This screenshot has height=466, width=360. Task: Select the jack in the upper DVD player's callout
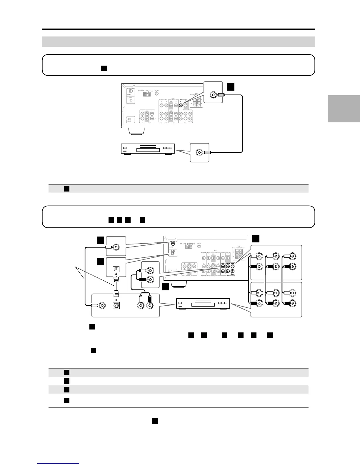coord(200,152)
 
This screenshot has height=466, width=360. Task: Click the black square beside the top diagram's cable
coord(231,86)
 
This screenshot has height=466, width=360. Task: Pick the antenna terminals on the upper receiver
coord(146,94)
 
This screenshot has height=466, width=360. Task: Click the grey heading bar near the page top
coord(179,41)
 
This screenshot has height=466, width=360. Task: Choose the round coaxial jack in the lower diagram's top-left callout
coord(116,247)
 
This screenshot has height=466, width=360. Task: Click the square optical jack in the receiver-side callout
coord(116,269)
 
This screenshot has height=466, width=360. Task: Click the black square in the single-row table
coord(67,189)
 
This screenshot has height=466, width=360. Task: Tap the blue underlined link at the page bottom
coord(58,464)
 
